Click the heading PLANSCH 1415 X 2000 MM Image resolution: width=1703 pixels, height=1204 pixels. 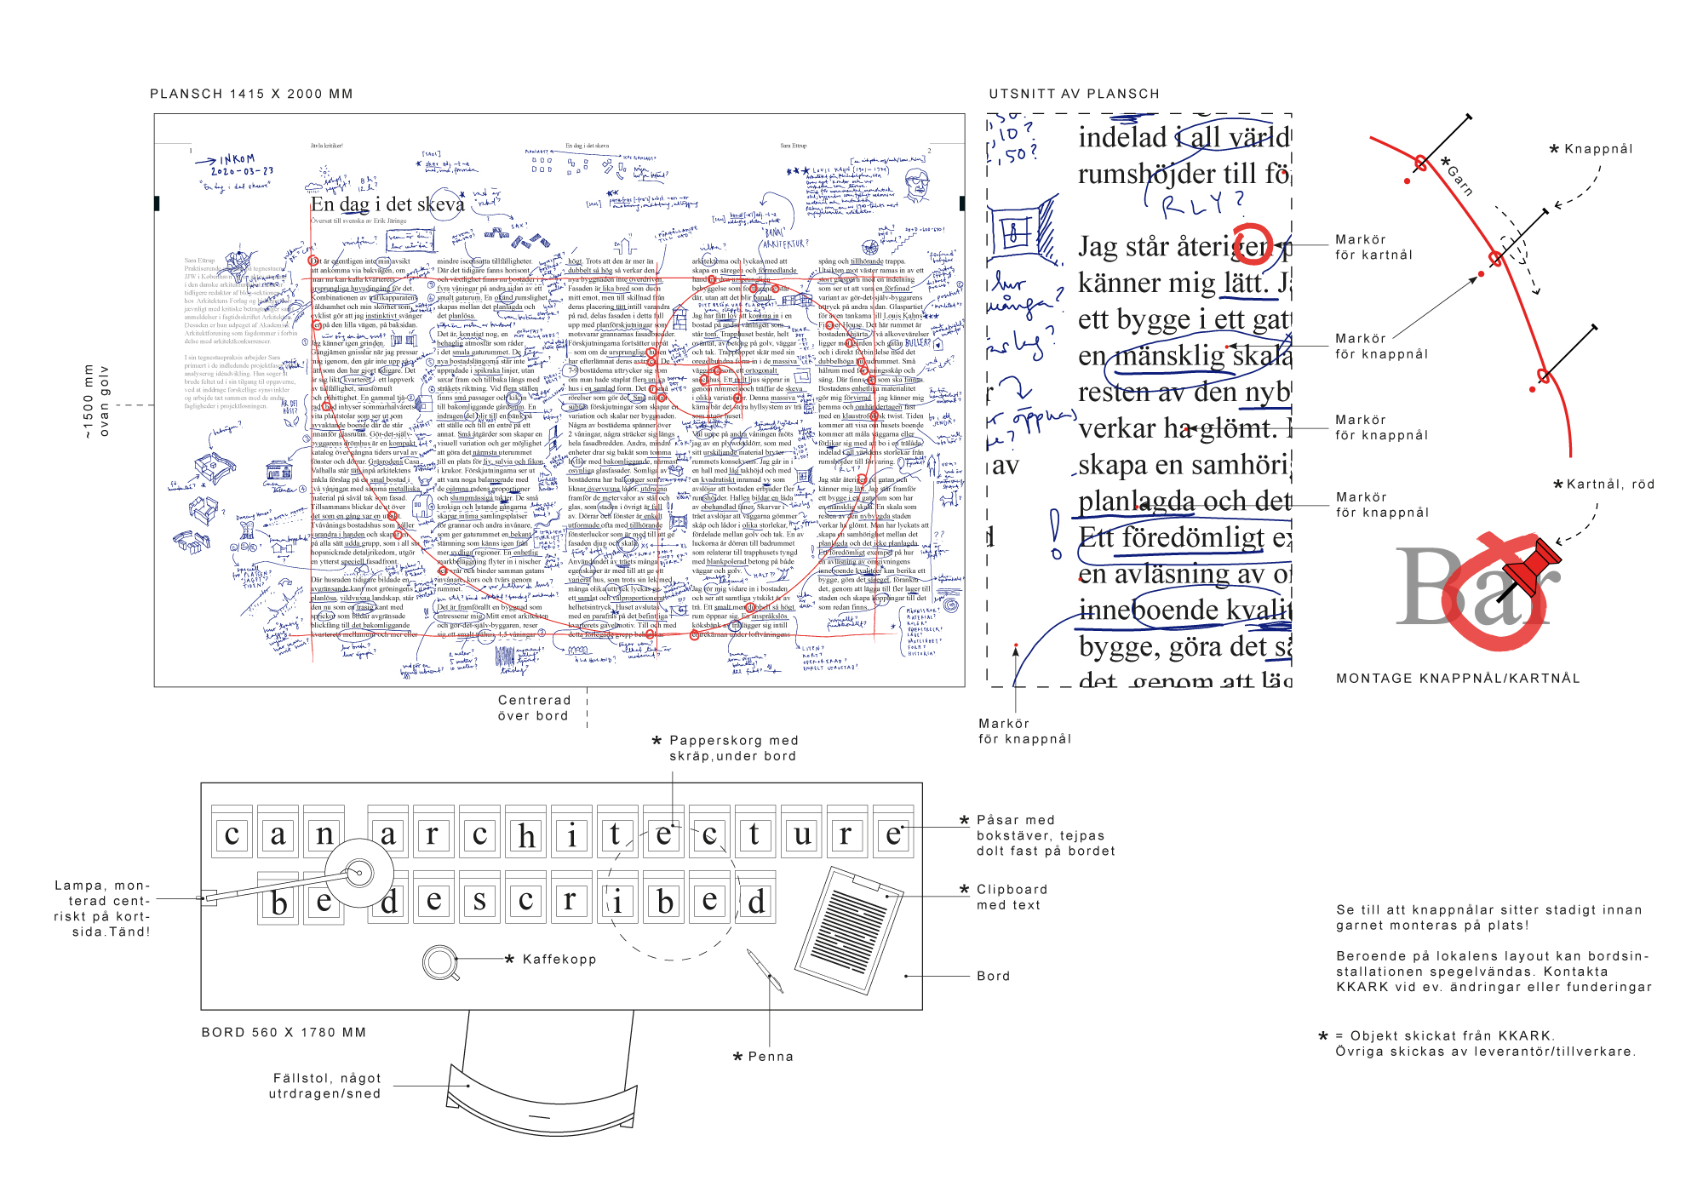251,94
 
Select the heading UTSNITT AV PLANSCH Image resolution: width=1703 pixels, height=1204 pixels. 1074,94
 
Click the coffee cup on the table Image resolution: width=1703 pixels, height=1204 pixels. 441,962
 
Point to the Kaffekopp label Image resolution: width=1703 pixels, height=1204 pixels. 559,960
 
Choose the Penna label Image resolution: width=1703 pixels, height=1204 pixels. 770,1057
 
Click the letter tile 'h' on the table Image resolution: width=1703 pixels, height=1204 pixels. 527,835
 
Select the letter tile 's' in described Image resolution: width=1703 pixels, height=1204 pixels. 479,900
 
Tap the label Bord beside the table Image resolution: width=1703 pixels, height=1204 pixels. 993,976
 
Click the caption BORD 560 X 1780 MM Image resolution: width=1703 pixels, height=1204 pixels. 284,1033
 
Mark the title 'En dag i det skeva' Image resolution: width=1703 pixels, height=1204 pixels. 387,204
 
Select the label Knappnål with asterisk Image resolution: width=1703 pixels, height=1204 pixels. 1597,149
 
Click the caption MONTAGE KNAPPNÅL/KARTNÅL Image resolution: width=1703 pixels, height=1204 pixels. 1458,679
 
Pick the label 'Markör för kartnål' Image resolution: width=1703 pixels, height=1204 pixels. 1373,247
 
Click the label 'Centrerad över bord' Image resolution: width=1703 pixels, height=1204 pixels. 534,708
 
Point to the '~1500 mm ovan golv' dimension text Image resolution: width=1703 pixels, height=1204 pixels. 95,401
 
